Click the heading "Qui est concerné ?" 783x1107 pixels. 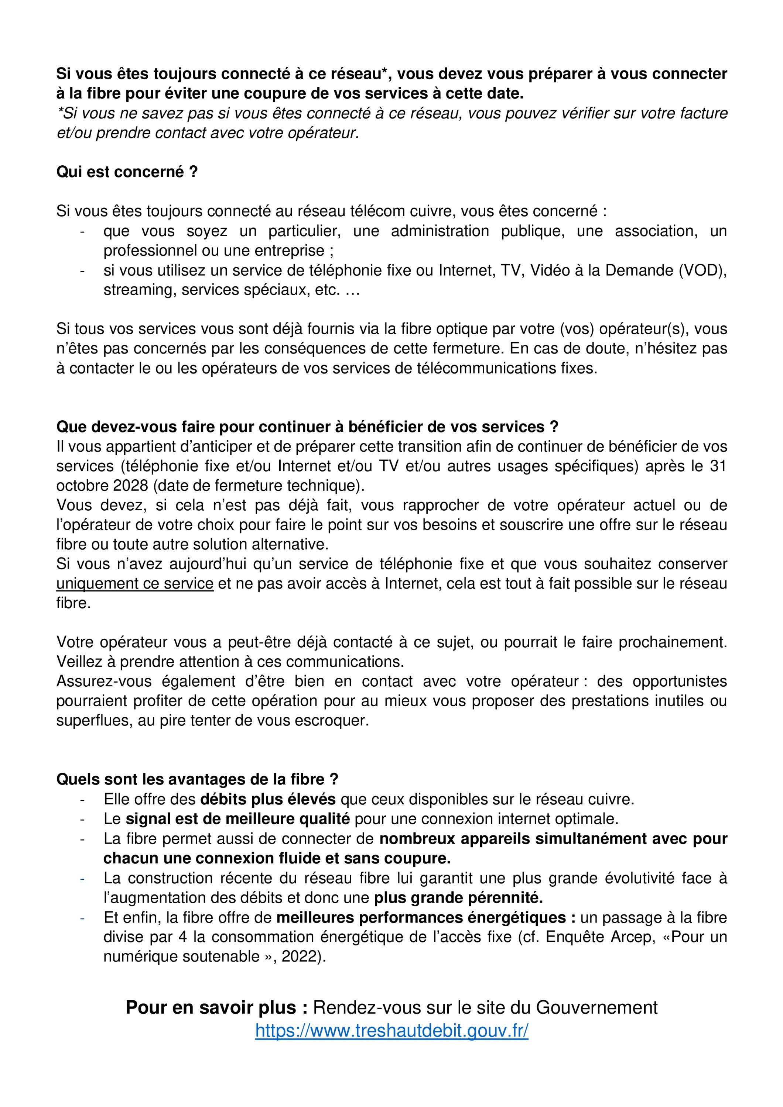[x=127, y=172]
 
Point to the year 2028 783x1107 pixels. [x=131, y=486]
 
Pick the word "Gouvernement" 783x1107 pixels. [x=597, y=1007]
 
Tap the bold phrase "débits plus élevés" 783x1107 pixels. [x=268, y=799]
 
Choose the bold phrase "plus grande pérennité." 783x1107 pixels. [x=458, y=898]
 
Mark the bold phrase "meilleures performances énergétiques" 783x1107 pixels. [x=421, y=917]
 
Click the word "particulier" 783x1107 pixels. [x=304, y=231]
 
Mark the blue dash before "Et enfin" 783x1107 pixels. [x=82, y=917]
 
